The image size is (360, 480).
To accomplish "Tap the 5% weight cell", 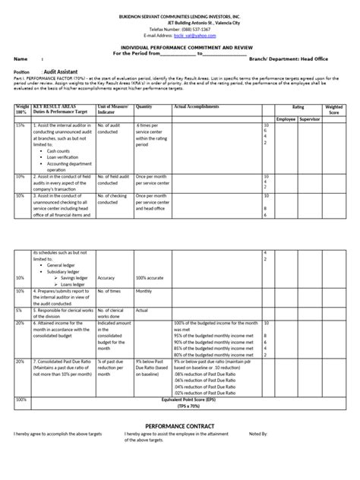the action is click(18, 310).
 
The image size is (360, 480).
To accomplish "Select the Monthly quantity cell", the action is click(144, 290).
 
